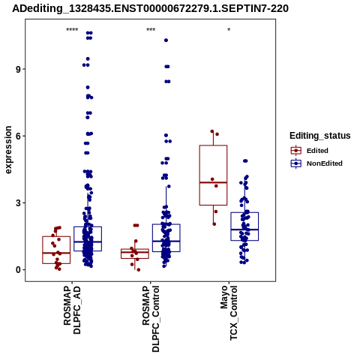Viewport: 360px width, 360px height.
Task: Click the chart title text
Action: click(x=150, y=8)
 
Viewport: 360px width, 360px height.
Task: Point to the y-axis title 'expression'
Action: click(x=8, y=150)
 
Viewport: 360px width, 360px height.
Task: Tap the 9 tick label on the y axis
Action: click(x=18, y=69)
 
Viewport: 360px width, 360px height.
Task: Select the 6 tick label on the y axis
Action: click(x=18, y=136)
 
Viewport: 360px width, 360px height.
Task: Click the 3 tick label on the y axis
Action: click(x=18, y=203)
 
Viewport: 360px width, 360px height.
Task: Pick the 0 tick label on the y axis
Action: click(x=18, y=270)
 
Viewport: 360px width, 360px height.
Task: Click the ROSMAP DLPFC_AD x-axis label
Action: click(x=72, y=310)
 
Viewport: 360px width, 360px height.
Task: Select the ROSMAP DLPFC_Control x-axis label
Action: click(x=151, y=319)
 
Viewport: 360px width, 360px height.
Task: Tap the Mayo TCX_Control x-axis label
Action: click(x=229, y=313)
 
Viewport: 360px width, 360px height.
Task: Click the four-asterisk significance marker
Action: click(x=72, y=30)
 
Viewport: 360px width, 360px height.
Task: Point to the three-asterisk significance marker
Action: click(x=151, y=30)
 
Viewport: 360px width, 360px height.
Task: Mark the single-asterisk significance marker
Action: click(x=229, y=30)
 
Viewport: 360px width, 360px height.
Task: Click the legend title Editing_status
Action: click(x=320, y=136)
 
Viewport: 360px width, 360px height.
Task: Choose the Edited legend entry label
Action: click(x=317, y=151)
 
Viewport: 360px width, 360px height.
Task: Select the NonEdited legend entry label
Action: click(x=325, y=163)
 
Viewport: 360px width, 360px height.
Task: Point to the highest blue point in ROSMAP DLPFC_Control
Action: click(x=166, y=40)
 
